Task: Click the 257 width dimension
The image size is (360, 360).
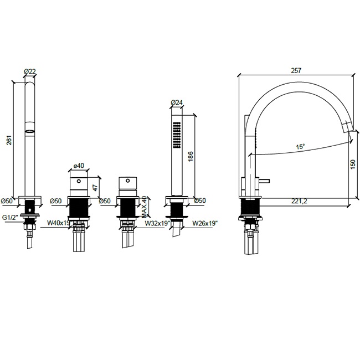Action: tap(296, 70)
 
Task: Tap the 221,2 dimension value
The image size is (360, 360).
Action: tap(299, 201)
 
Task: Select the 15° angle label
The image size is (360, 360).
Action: tap(300, 146)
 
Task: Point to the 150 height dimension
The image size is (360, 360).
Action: tap(353, 164)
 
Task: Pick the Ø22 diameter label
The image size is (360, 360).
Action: tap(30, 71)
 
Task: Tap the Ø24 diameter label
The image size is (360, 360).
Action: tap(177, 102)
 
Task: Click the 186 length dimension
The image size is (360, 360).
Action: tap(191, 156)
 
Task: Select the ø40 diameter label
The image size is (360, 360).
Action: tap(79, 165)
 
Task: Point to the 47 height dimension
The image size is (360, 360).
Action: tap(95, 187)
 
